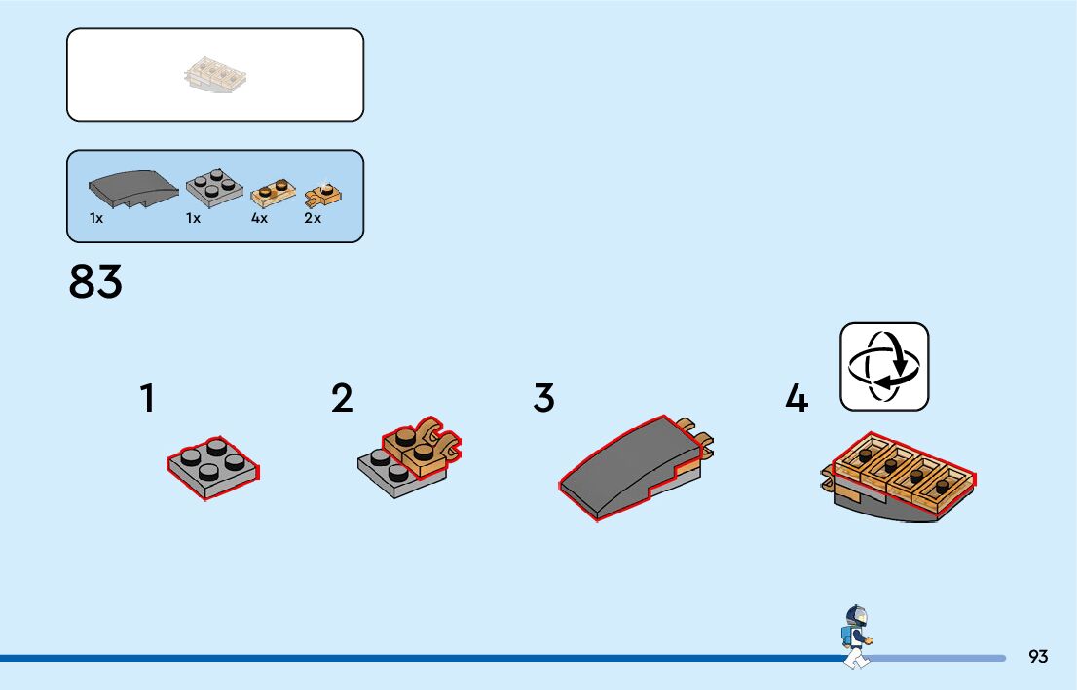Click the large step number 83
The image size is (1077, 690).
95,281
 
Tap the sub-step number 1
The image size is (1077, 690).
147,398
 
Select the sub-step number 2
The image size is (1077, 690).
342,398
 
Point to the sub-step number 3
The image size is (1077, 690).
543,398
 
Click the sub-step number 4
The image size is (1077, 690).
797,398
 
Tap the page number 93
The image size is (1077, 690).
1038,657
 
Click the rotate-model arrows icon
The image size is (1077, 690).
884,366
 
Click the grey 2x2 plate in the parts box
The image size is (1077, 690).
213,186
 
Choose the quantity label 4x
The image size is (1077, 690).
259,218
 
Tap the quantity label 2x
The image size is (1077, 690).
313,218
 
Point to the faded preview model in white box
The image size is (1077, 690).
215,76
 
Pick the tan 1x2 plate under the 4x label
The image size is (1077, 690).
274,192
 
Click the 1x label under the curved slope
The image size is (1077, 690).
96,218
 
